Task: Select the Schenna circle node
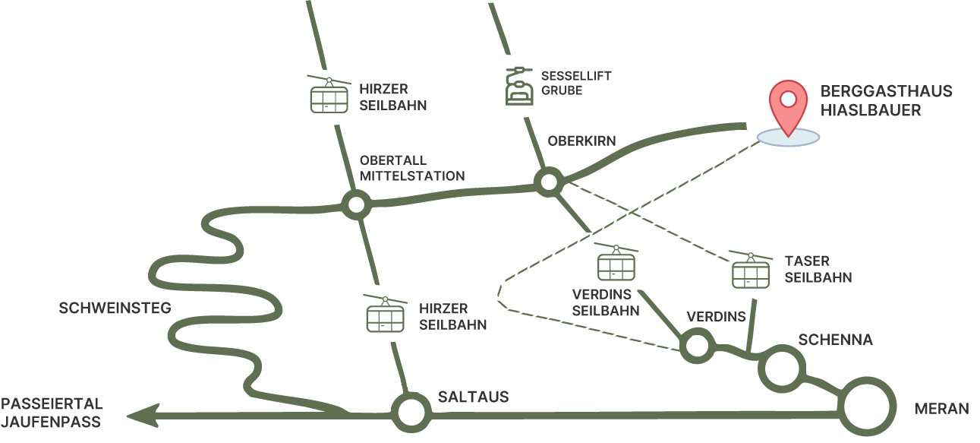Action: tap(782, 368)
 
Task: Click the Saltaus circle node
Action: tap(411, 412)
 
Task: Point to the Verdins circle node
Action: tap(695, 346)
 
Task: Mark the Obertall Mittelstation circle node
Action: tap(355, 204)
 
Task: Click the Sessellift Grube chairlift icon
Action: tap(521, 85)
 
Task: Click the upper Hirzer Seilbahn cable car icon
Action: tap(329, 95)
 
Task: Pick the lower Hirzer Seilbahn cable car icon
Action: tap(386, 314)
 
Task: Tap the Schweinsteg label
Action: tap(115, 308)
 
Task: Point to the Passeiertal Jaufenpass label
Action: tap(52, 413)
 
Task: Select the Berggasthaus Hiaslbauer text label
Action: tap(885, 101)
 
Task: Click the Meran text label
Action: tap(941, 409)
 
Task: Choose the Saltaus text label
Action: tap(473, 397)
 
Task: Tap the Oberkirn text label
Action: tap(581, 141)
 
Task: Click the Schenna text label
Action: tap(835, 340)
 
